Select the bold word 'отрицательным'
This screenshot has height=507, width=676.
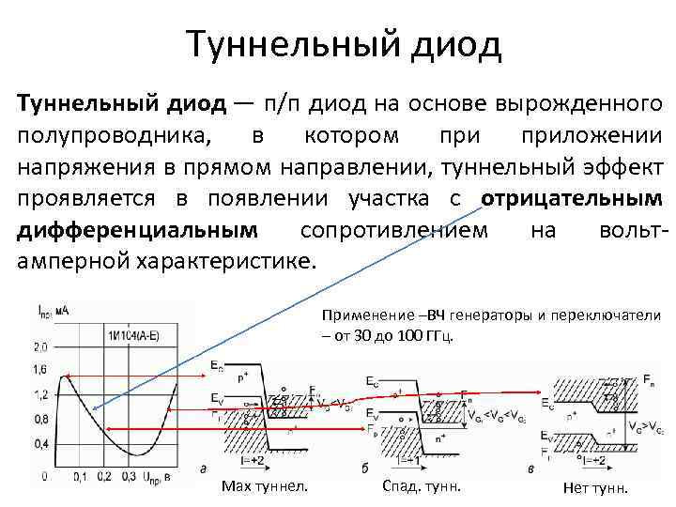click(x=570, y=200)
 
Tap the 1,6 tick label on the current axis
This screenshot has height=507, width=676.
click(x=40, y=370)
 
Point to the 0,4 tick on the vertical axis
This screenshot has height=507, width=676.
click(x=40, y=442)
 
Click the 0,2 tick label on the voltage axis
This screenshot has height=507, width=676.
click(x=105, y=477)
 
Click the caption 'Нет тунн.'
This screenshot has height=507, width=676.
click(x=594, y=487)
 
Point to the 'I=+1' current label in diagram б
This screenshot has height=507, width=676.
click(x=408, y=459)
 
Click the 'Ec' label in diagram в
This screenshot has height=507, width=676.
click(x=547, y=406)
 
